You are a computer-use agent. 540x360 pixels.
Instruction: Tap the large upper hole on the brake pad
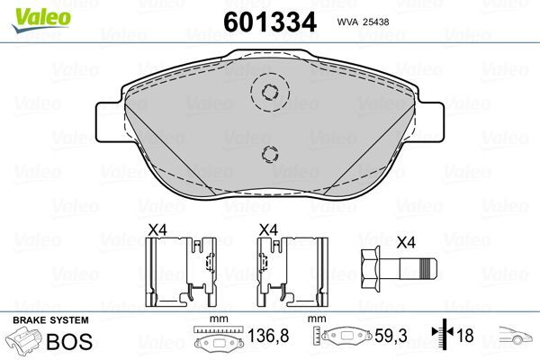(x=267, y=91)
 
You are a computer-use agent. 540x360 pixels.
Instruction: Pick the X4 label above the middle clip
(x=267, y=230)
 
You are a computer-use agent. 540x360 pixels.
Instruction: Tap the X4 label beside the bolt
(x=407, y=242)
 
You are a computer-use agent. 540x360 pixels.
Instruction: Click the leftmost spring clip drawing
(x=183, y=270)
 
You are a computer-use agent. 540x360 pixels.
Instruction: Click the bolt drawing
(x=396, y=270)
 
